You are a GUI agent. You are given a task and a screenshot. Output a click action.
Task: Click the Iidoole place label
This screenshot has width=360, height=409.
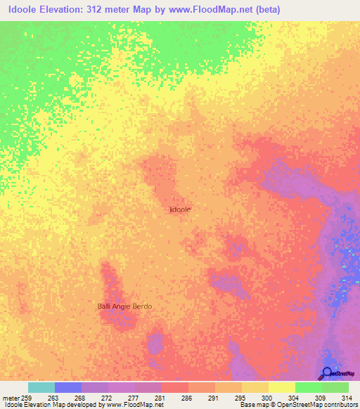tap(180, 209)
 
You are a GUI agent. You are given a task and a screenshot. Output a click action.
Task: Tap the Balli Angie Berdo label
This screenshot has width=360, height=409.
tap(124, 306)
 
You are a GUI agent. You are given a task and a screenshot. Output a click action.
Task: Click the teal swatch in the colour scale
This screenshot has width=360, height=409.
tap(41, 387)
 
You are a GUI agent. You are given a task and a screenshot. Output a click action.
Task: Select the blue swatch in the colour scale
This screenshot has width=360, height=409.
tap(67, 387)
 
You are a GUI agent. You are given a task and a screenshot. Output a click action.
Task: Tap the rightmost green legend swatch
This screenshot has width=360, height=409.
tap(335, 387)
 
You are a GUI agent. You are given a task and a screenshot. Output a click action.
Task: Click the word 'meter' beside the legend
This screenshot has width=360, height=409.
tap(10, 397)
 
